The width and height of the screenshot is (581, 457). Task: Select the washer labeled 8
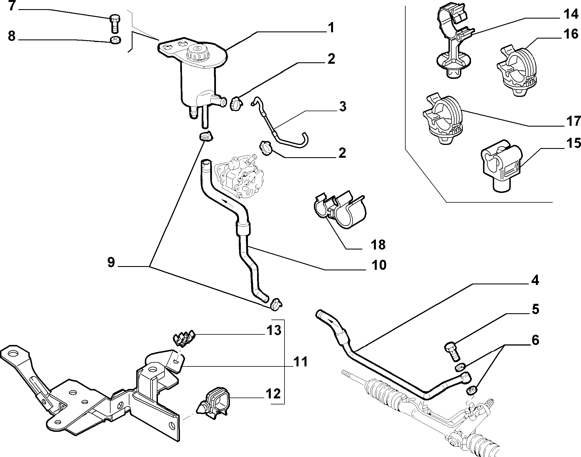click(115, 40)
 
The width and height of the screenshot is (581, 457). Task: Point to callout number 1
click(331, 28)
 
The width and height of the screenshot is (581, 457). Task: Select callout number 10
click(379, 265)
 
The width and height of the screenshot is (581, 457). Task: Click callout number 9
click(111, 262)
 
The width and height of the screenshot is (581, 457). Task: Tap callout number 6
click(535, 340)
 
